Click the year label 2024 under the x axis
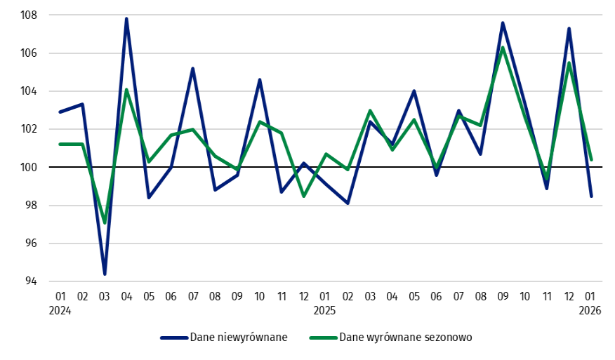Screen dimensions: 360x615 60,309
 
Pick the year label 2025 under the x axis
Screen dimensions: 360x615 325,309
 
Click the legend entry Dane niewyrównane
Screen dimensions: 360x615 239,337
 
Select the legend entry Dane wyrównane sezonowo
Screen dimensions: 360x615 406,337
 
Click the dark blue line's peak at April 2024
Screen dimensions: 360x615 126,19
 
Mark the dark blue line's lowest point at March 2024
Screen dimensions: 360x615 105,274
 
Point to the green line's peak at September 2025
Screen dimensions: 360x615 503,48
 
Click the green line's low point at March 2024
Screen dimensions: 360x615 105,222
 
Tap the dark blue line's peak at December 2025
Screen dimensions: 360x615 569,28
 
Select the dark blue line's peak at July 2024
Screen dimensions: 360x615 192,68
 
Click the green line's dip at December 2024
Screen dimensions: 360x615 303,196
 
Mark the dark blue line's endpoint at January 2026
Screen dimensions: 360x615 591,196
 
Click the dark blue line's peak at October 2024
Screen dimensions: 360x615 259,80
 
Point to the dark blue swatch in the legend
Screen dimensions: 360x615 174,337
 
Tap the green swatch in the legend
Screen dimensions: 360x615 323,337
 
